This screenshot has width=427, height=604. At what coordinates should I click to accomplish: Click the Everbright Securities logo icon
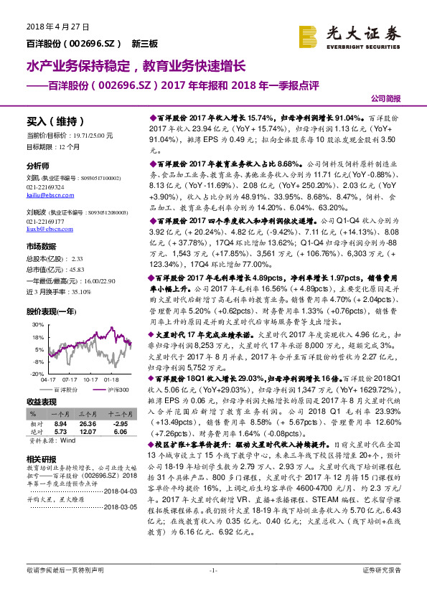(308, 36)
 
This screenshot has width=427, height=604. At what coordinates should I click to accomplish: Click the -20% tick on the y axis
(38, 373)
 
